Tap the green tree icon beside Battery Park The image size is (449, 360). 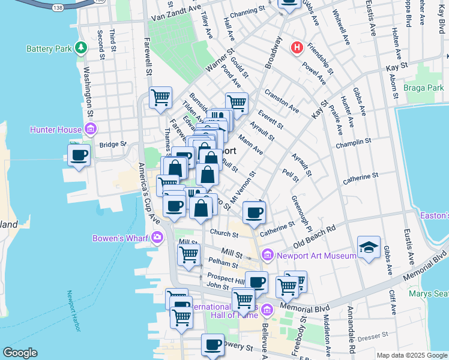[80, 48]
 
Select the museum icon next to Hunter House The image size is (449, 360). [91, 128]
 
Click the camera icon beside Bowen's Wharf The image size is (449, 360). [158, 238]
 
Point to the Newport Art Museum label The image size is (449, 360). [316, 256]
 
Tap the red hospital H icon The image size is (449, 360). [296, 48]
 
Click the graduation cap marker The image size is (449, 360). [369, 247]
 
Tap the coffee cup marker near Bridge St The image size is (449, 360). [79, 155]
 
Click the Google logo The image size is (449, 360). [20, 353]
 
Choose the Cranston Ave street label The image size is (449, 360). [281, 100]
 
